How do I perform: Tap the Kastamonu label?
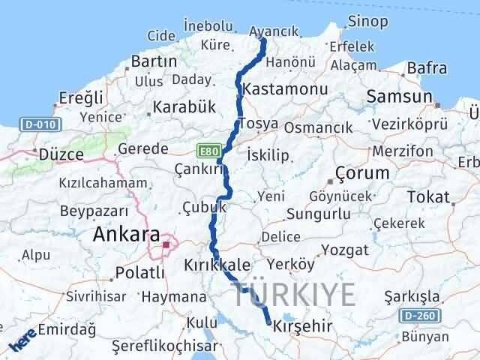281,88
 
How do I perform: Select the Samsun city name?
399,97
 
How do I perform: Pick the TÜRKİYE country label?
293,295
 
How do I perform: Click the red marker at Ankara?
166,244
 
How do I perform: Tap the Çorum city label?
362,172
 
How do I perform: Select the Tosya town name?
258,123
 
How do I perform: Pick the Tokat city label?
430,197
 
